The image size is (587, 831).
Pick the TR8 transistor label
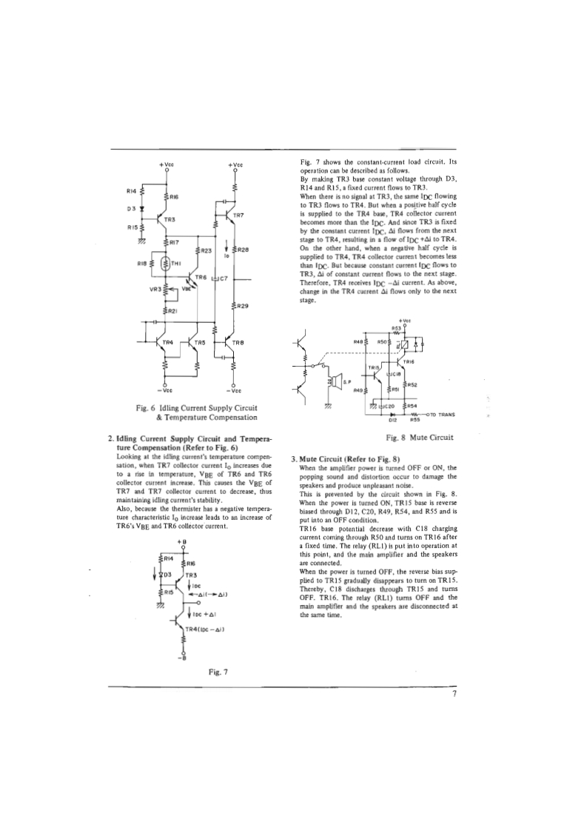(x=238, y=342)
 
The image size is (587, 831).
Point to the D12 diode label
(x=394, y=420)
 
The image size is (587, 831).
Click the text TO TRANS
(x=441, y=414)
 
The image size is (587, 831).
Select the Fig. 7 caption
(x=220, y=672)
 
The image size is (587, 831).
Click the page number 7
(x=454, y=694)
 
